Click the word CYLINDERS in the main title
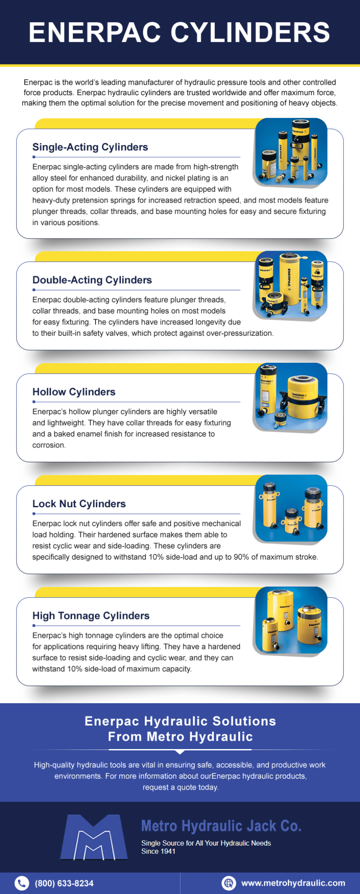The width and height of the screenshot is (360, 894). tap(250, 33)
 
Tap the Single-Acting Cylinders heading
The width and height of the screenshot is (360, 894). tap(90, 147)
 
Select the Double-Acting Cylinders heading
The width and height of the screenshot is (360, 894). tap(92, 280)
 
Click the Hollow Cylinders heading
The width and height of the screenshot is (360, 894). tap(74, 392)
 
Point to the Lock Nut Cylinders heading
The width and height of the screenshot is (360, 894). tap(79, 504)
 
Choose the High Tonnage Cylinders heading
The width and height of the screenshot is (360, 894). tap(91, 615)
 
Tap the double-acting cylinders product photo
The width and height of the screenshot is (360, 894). tap(291, 284)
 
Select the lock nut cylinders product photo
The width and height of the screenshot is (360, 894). tap(291, 508)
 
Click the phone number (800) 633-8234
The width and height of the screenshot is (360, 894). tap(64, 883)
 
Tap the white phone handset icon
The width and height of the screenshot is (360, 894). tap(21, 883)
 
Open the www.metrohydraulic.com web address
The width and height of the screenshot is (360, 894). tap(293, 883)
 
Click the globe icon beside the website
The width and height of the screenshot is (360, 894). tap(229, 883)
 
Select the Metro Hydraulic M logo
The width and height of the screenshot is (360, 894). tap(94, 837)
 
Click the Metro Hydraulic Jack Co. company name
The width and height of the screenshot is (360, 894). tap(221, 826)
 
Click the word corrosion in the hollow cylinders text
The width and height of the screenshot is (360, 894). tap(48, 445)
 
